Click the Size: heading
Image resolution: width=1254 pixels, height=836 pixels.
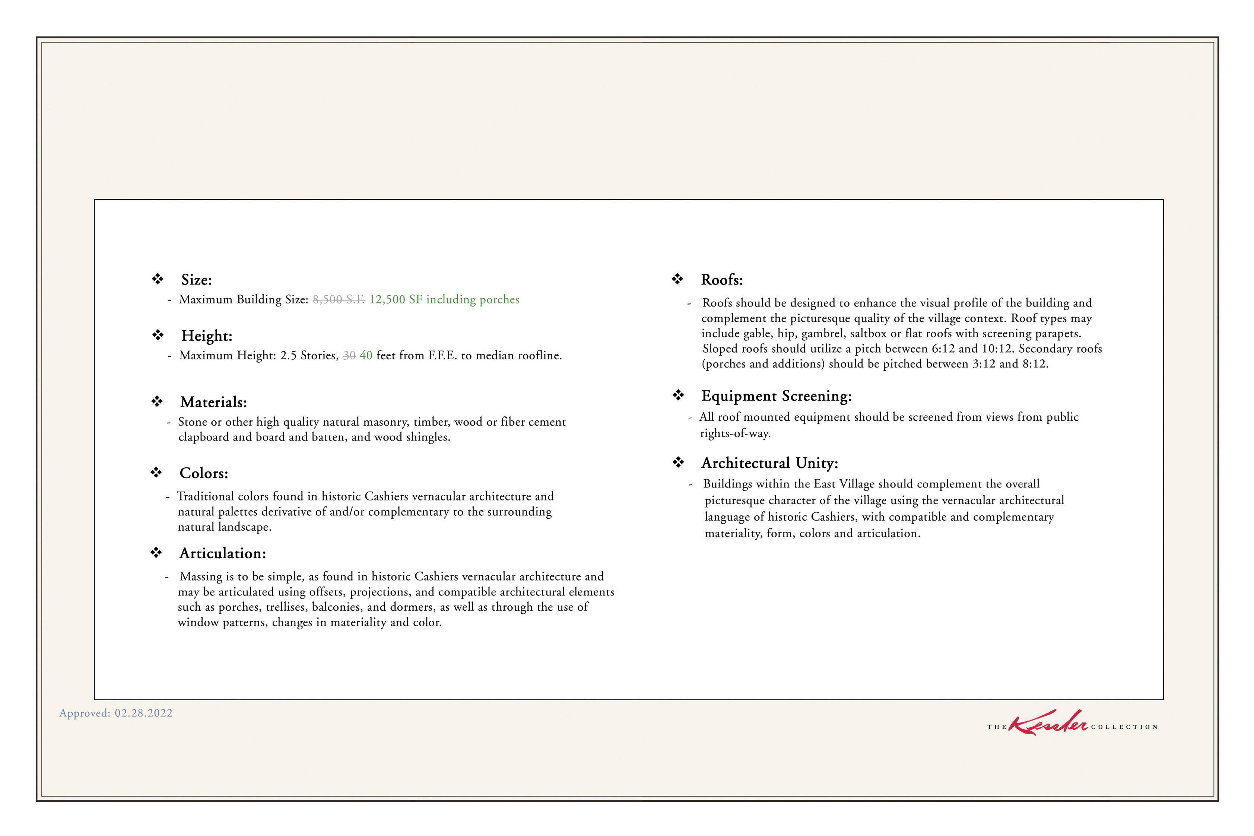[x=196, y=280]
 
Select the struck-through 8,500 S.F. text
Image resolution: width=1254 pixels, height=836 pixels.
[x=339, y=300]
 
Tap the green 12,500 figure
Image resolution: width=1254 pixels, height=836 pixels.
[x=387, y=300]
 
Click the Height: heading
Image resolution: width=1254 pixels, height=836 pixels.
[x=206, y=336]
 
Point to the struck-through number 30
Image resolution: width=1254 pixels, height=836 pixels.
[x=349, y=356]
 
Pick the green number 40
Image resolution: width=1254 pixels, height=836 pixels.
[x=366, y=356]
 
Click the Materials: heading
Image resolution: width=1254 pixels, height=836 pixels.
[x=213, y=402]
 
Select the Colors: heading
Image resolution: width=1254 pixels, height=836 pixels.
[x=204, y=473]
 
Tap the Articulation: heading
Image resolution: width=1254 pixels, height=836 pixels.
[x=222, y=553]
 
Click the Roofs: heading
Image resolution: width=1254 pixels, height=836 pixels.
[x=721, y=280]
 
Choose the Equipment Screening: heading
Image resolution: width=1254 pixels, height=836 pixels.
[x=776, y=396]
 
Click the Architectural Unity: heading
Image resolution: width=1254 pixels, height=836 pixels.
[x=769, y=463]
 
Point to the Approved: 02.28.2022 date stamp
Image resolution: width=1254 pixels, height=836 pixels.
[x=116, y=713]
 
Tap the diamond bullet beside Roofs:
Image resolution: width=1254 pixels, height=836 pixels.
[x=677, y=279]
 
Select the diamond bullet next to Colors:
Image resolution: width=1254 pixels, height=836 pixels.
[x=156, y=473]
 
